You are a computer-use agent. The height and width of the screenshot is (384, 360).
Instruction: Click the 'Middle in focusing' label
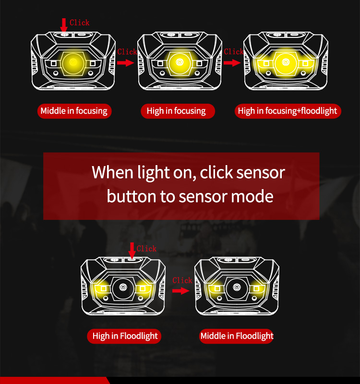click(x=74, y=111)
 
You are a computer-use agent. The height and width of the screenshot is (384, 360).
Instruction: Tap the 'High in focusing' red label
click(x=178, y=111)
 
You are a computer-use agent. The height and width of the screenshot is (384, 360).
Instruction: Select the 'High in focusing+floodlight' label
click(x=288, y=111)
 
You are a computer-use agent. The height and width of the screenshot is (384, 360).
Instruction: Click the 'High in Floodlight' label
click(x=124, y=336)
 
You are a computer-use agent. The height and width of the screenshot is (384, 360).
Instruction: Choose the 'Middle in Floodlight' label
click(x=236, y=336)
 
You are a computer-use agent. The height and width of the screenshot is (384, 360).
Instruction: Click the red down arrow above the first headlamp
click(x=64, y=25)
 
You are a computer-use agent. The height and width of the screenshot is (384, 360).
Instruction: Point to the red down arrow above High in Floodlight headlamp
click(x=132, y=250)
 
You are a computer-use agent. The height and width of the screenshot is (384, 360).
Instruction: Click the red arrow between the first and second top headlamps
click(x=126, y=63)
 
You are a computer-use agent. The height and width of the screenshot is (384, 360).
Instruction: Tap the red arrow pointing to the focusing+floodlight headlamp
click(x=232, y=63)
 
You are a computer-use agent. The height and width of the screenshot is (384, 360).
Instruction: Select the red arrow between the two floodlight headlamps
click(x=181, y=291)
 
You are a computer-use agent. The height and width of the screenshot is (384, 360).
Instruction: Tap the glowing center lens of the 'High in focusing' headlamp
click(x=180, y=63)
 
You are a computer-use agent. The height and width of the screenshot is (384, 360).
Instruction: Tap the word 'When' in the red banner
click(x=112, y=172)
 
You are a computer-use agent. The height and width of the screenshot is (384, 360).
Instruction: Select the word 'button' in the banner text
click(x=132, y=196)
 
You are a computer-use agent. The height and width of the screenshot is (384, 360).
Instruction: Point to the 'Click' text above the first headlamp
click(x=80, y=23)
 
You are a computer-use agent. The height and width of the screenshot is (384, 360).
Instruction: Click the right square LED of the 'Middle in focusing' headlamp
click(x=93, y=64)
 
